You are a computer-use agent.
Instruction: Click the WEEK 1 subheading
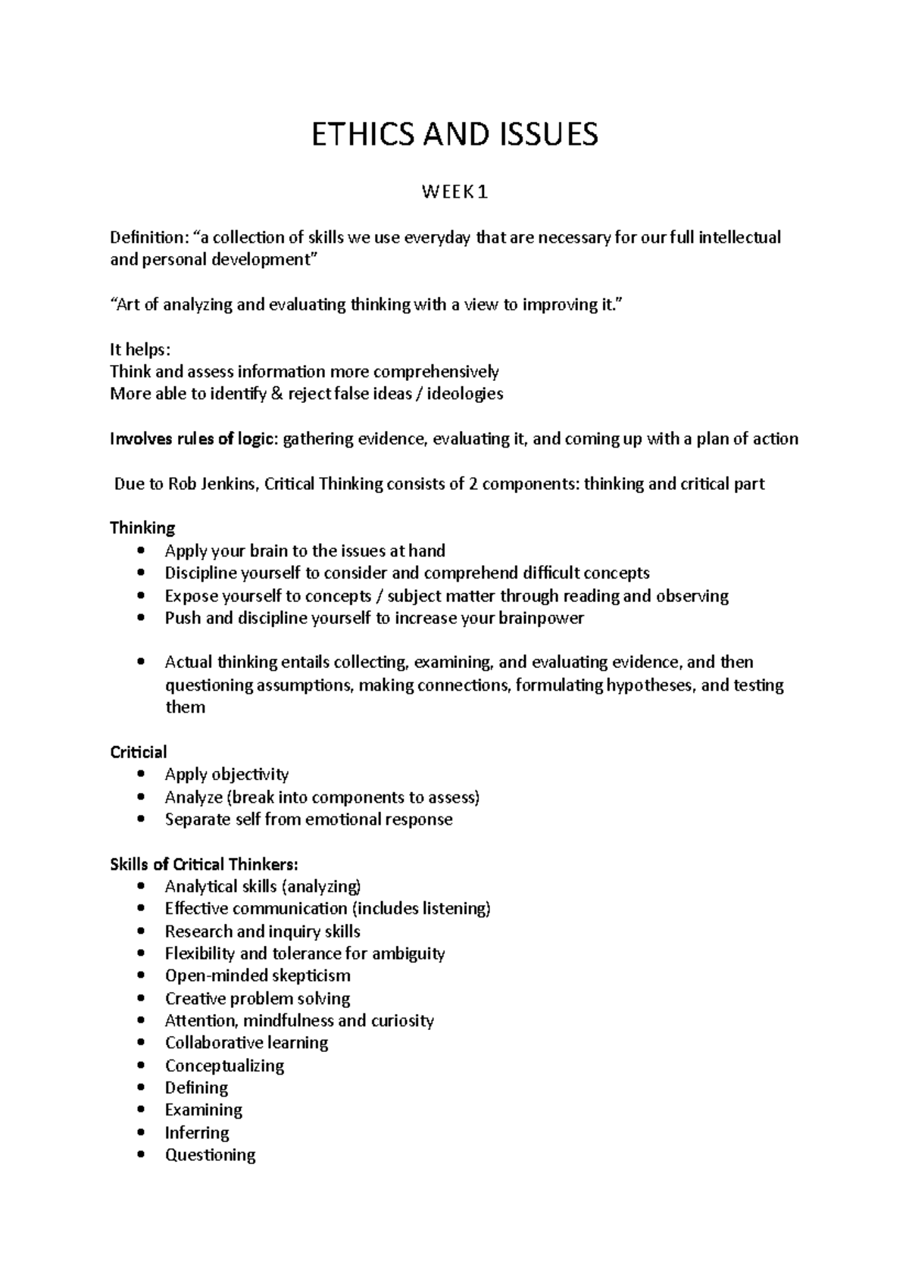click(454, 193)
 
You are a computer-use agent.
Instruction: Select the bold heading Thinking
click(142, 528)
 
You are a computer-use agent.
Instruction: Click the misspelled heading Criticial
click(139, 752)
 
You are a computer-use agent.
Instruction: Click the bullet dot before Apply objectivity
click(142, 775)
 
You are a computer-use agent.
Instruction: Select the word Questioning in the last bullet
click(210, 1155)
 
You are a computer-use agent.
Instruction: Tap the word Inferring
click(197, 1133)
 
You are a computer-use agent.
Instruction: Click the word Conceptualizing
click(224, 1066)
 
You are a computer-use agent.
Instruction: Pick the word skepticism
click(311, 975)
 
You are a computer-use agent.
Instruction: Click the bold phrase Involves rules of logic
click(194, 439)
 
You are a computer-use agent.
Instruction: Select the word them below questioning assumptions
click(185, 707)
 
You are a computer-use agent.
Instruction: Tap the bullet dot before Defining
click(142, 1088)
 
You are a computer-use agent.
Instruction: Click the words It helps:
click(140, 350)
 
